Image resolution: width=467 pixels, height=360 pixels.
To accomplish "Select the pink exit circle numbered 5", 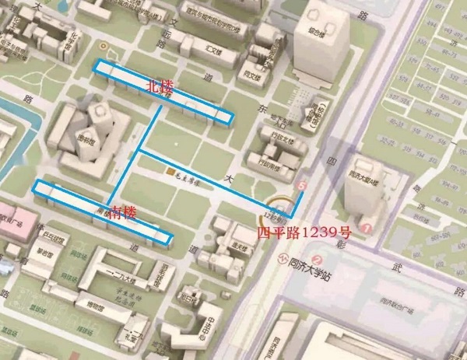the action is (x=304, y=187).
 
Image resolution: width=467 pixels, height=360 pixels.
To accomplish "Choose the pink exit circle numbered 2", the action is (x=316, y=260).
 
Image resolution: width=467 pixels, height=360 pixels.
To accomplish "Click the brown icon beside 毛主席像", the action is (x=169, y=169).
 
